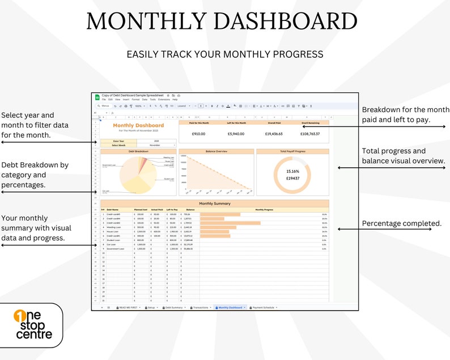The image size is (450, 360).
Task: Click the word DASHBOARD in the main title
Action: (x=284, y=22)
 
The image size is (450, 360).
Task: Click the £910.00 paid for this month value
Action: (x=198, y=134)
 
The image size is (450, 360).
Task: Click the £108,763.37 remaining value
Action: (x=310, y=134)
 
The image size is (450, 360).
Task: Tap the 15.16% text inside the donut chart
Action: (x=292, y=171)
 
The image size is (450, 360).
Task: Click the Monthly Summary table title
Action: (x=214, y=204)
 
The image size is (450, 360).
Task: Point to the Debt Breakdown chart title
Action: (x=138, y=151)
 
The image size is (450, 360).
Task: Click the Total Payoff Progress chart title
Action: (x=292, y=151)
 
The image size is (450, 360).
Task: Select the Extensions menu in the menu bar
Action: (x=164, y=99)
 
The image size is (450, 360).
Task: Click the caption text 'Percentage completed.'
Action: (x=401, y=223)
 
